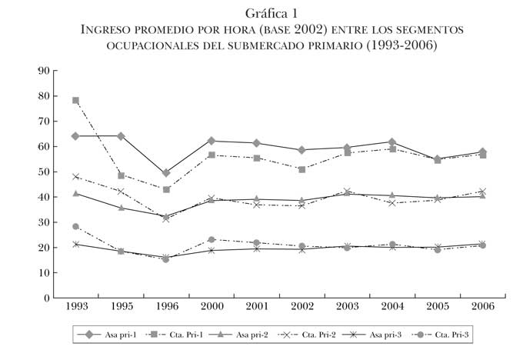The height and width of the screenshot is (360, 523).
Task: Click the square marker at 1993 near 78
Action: tap(75, 100)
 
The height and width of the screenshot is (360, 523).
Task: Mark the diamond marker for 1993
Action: tap(75, 136)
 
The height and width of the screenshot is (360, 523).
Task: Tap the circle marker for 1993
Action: tap(75, 227)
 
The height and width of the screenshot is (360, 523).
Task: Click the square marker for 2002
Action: tap(302, 169)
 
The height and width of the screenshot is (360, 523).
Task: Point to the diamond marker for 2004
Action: tap(392, 142)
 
